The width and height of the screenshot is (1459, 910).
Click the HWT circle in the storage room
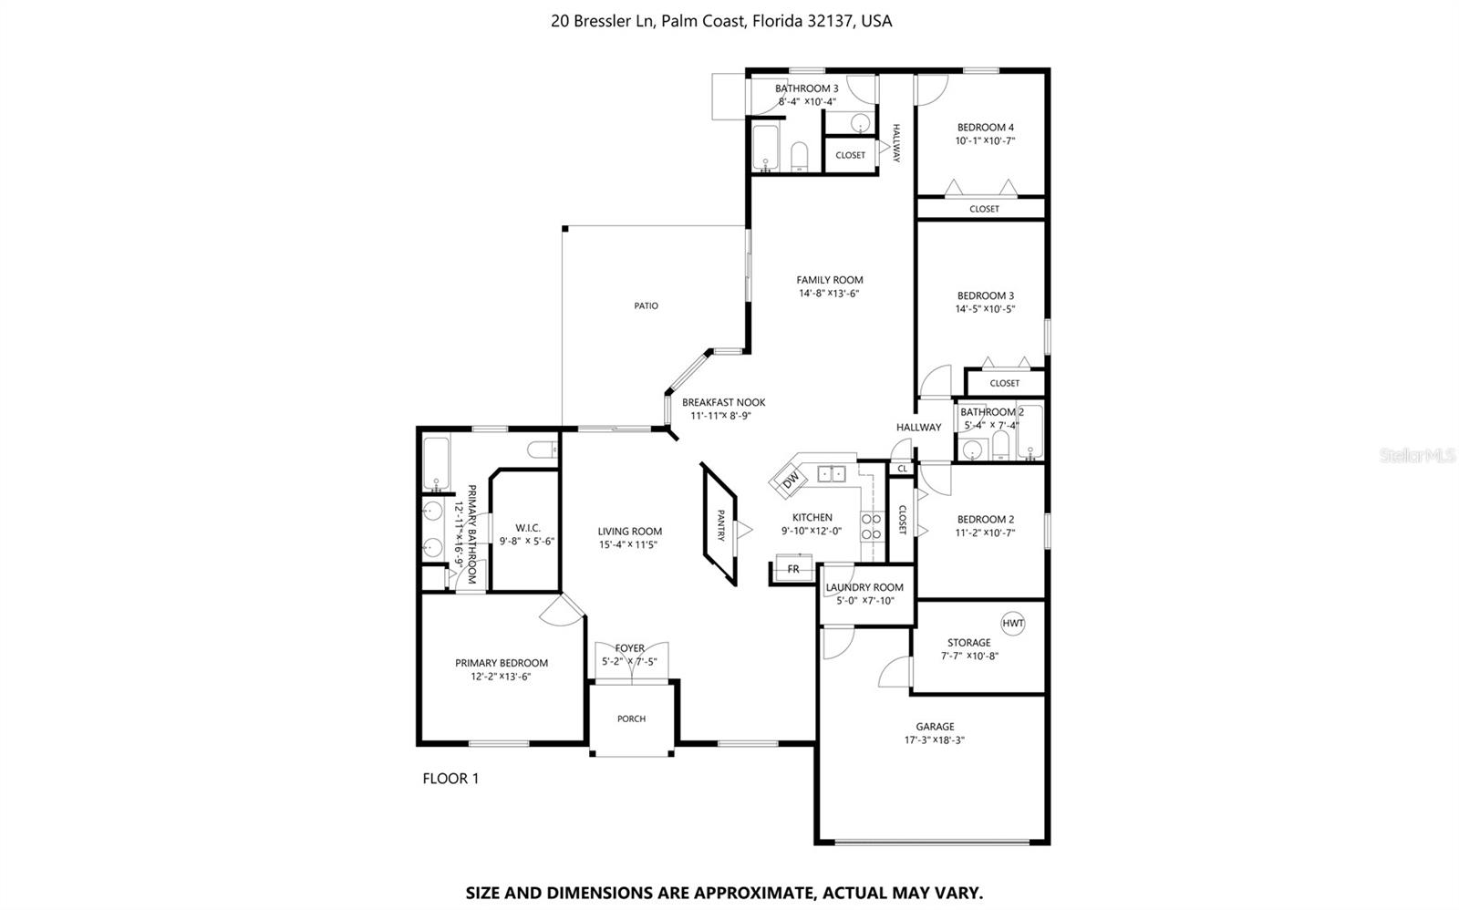click(x=1013, y=624)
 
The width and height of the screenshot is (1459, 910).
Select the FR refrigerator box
click(x=793, y=569)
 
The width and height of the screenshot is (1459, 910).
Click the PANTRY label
click(x=721, y=525)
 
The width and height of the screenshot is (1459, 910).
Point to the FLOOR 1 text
click(x=450, y=779)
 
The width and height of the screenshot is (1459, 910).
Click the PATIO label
click(x=646, y=306)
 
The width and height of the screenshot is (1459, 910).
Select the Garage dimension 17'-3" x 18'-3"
click(x=935, y=740)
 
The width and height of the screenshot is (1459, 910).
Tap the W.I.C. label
click(x=527, y=528)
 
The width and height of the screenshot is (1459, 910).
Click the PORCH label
click(x=631, y=719)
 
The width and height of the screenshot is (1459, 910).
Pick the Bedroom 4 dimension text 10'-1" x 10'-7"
click(x=985, y=141)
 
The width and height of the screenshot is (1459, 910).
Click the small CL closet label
click(x=902, y=469)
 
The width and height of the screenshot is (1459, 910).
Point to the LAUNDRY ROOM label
click(x=864, y=587)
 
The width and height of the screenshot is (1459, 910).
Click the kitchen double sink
click(x=831, y=473)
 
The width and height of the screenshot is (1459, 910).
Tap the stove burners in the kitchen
click(x=873, y=526)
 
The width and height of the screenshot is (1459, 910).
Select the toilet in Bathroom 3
click(x=800, y=156)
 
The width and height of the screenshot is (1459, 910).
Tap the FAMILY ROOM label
click(x=829, y=280)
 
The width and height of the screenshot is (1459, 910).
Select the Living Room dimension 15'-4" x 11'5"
click(x=629, y=544)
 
